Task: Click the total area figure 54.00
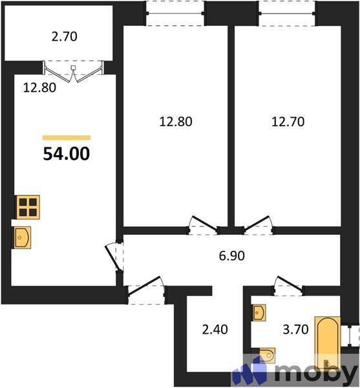[x=67, y=154]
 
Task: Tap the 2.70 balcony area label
[x=64, y=37]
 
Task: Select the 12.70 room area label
[x=286, y=120]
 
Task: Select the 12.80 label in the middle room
[x=176, y=120]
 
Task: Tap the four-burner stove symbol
[x=28, y=206]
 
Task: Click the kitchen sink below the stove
[x=22, y=237]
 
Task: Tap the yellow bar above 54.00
[x=67, y=138]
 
